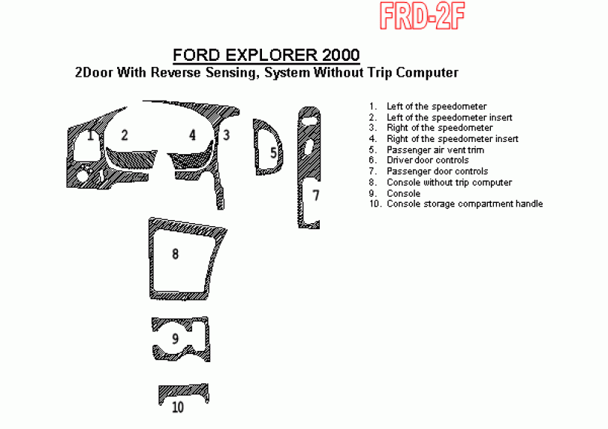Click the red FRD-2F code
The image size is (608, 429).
(x=422, y=16)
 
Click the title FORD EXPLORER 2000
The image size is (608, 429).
(x=266, y=55)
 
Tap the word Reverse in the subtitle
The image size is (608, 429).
(x=176, y=72)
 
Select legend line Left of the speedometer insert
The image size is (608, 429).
(x=450, y=117)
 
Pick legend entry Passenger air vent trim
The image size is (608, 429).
(x=435, y=150)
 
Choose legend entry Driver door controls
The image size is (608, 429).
(x=428, y=160)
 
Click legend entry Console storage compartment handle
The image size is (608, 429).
(x=465, y=204)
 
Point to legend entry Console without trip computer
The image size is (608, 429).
(x=449, y=183)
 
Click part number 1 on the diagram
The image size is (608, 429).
(x=90, y=135)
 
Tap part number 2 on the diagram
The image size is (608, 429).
(x=124, y=135)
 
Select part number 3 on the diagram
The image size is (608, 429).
(x=226, y=135)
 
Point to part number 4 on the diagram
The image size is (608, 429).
(x=192, y=135)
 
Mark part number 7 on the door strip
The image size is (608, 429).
(x=316, y=195)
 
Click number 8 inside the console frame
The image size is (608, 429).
(x=175, y=254)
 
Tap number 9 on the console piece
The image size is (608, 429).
(x=175, y=339)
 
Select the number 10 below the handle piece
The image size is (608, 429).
(x=178, y=407)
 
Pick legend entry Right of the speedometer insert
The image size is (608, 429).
(x=453, y=139)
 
